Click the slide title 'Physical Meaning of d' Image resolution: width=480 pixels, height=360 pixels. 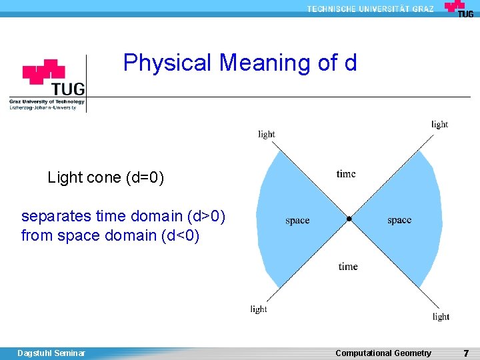coord(240,63)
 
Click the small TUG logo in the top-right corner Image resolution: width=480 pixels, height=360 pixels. coord(459,9)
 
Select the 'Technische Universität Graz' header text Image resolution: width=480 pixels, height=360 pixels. coord(370,9)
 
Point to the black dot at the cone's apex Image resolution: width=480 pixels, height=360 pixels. coord(349,219)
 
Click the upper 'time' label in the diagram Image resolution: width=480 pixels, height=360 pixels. coord(346,174)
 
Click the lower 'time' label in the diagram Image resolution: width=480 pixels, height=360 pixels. coord(347,267)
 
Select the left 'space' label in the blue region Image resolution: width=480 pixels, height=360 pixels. coord(297,221)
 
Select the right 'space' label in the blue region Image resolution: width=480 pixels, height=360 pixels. coord(399,220)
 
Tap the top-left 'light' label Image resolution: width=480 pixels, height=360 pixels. coord(266,134)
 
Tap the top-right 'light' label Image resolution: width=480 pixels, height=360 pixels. coord(439,124)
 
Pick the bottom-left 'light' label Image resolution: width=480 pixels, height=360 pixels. coord(259,309)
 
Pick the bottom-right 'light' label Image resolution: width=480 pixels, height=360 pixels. coord(441,317)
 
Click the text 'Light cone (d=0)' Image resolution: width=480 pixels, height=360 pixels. coord(105,178)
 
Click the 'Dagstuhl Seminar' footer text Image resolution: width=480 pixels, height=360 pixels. coord(51,353)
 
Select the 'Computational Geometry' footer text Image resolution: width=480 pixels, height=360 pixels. coord(383,353)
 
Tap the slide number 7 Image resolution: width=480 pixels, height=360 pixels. coord(466,353)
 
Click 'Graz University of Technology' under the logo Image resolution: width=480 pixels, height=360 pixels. coord(47,102)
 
